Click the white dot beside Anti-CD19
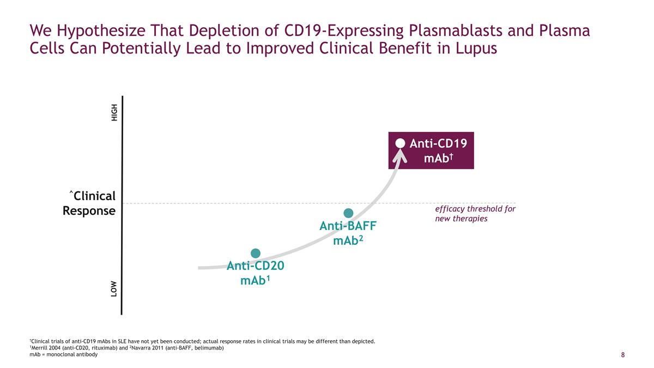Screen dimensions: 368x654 [401, 143]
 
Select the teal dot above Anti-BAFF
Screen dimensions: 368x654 [349, 213]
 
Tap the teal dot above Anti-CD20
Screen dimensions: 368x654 [256, 253]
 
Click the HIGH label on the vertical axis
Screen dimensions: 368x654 [114, 113]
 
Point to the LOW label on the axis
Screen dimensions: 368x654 [114, 289]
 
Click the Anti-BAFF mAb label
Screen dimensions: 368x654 [348, 233]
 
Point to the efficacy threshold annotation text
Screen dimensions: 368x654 [475, 214]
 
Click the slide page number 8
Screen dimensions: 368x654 [623, 355]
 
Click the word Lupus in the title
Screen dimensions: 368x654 [475, 49]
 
